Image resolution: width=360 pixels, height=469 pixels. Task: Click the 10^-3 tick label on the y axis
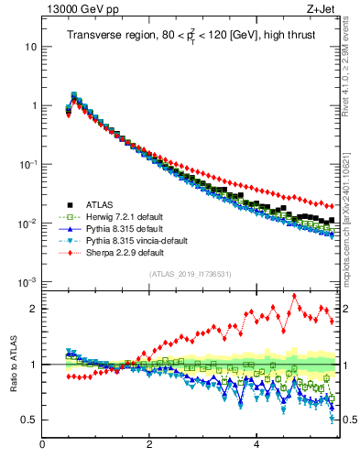click(25, 282)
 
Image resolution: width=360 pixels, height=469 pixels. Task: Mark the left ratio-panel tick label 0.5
click(27, 420)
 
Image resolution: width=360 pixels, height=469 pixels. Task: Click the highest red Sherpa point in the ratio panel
click(294, 296)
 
